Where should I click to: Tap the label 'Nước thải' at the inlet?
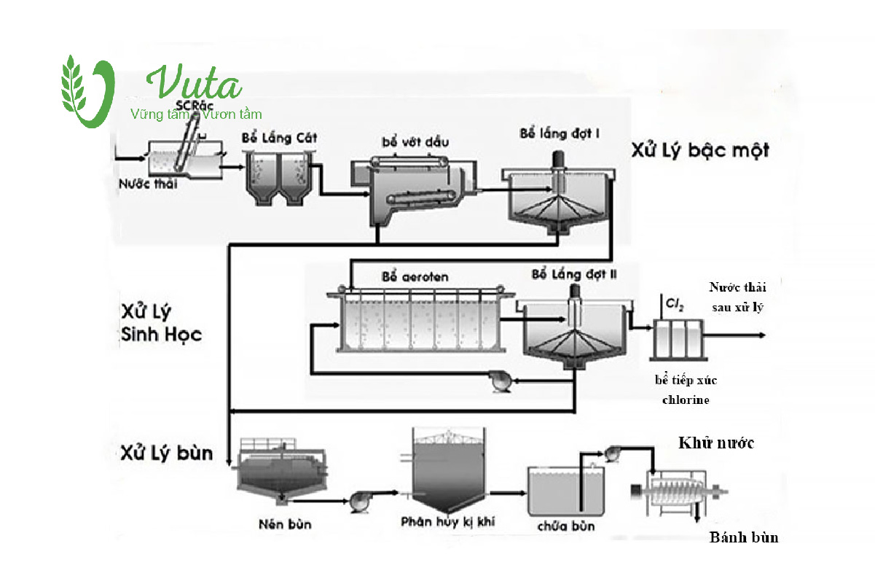(x=148, y=184)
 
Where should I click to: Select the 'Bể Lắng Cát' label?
(x=280, y=138)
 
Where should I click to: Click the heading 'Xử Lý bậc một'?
(x=699, y=151)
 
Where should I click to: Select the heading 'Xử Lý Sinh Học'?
(x=160, y=324)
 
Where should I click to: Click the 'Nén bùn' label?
(x=280, y=524)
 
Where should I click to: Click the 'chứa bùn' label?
(x=566, y=526)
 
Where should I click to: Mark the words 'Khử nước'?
(x=716, y=443)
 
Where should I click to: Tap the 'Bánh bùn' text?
(x=744, y=538)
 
